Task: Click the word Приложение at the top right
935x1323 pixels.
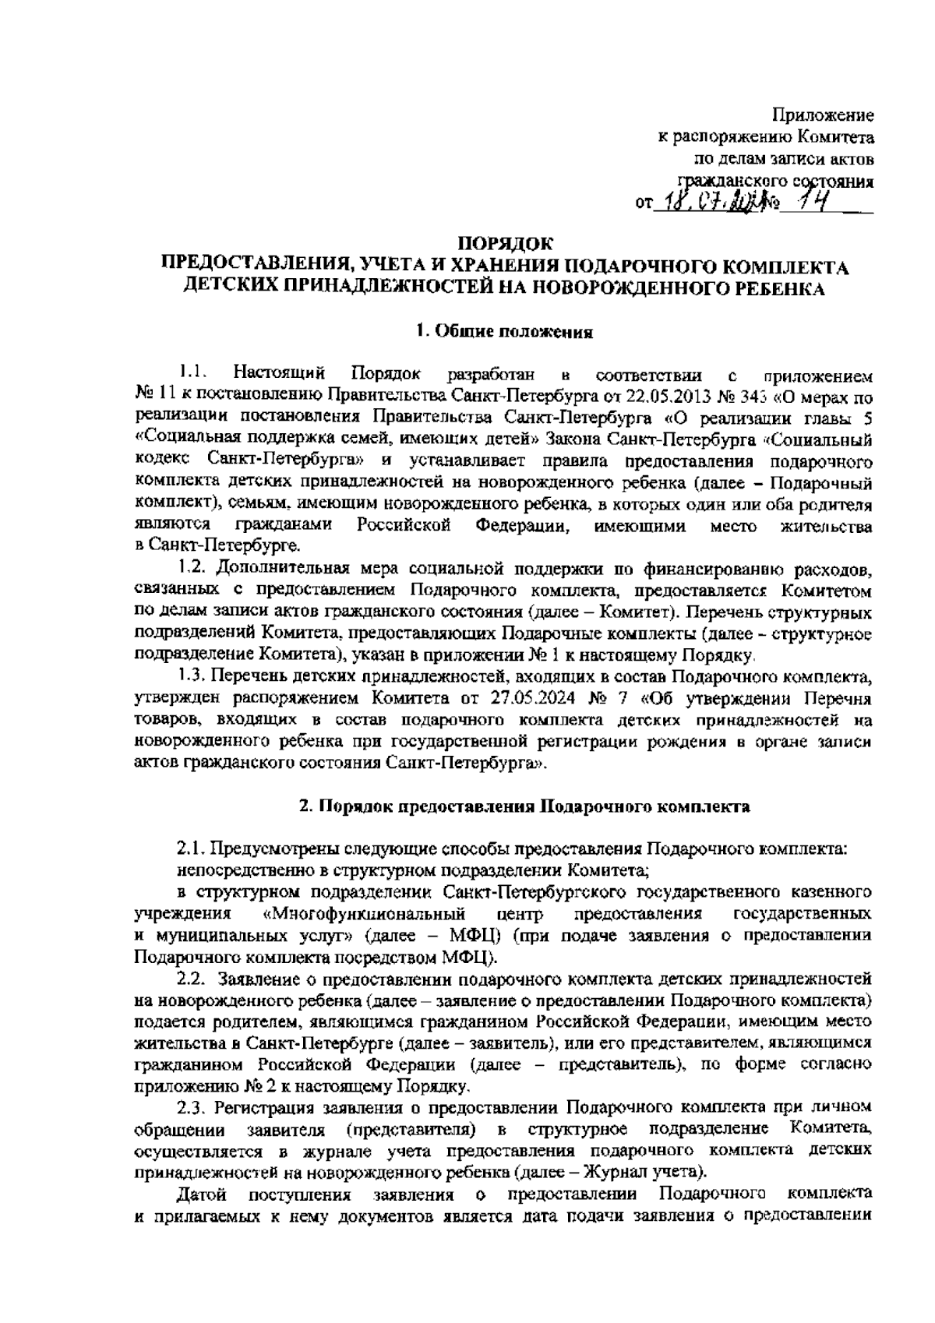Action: pyautogui.click(x=823, y=116)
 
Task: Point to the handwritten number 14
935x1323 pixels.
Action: pyautogui.click(x=805, y=203)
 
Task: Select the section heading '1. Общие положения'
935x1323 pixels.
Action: pyautogui.click(x=504, y=332)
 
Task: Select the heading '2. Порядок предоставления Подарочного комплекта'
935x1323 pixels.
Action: pyautogui.click(x=525, y=806)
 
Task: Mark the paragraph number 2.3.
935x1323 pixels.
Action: pyautogui.click(x=191, y=1106)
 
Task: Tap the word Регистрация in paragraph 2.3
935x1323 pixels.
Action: pyautogui.click(x=269, y=1106)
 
